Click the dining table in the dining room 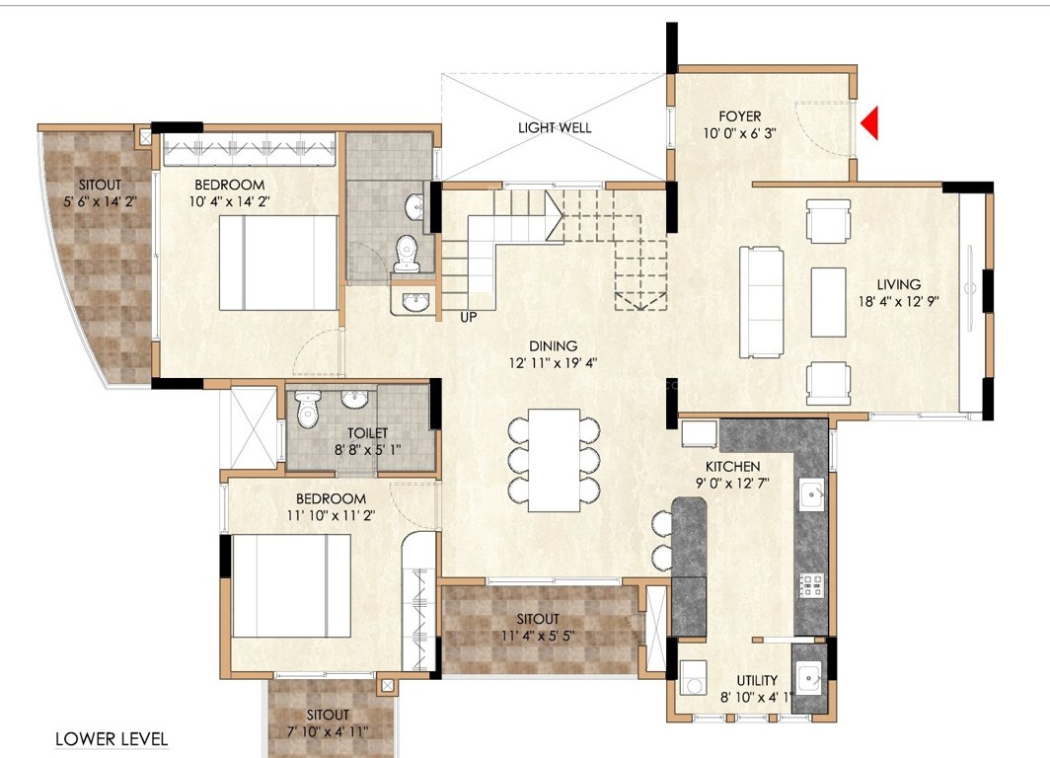(554, 460)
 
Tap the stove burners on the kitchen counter (811, 585)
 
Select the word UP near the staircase (470, 317)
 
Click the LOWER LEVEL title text (112, 738)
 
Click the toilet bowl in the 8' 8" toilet (309, 411)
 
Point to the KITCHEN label (731, 466)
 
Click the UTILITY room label (757, 680)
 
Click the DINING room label (553, 345)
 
